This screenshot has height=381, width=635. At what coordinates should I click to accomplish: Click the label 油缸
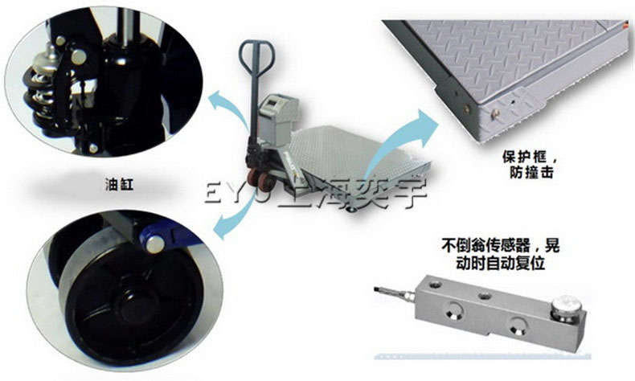point(119,186)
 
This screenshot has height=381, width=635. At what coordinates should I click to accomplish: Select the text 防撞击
point(531,173)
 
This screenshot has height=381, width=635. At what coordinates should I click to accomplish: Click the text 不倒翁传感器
point(486,245)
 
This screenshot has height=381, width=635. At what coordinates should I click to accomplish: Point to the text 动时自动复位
point(501,263)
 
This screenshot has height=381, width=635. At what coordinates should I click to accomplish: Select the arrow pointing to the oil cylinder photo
point(229,107)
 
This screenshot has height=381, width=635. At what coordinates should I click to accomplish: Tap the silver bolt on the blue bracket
point(154,244)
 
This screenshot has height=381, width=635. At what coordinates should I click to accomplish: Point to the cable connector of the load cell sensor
point(395,293)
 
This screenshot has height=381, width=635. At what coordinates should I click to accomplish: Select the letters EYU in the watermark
point(239,194)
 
